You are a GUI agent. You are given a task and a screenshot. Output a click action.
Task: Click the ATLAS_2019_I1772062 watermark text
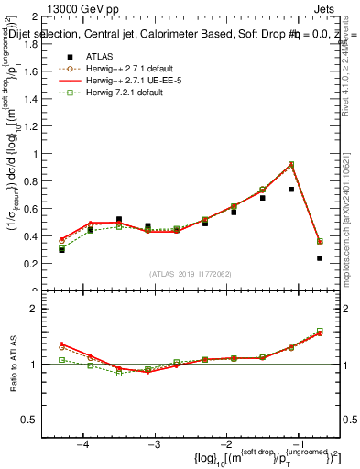coord(192,274)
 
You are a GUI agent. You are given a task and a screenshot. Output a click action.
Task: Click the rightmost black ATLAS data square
coord(320,258)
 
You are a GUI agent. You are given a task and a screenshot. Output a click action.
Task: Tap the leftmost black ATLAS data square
coord(62,249)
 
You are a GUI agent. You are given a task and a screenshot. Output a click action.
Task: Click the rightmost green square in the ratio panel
coord(320,331)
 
